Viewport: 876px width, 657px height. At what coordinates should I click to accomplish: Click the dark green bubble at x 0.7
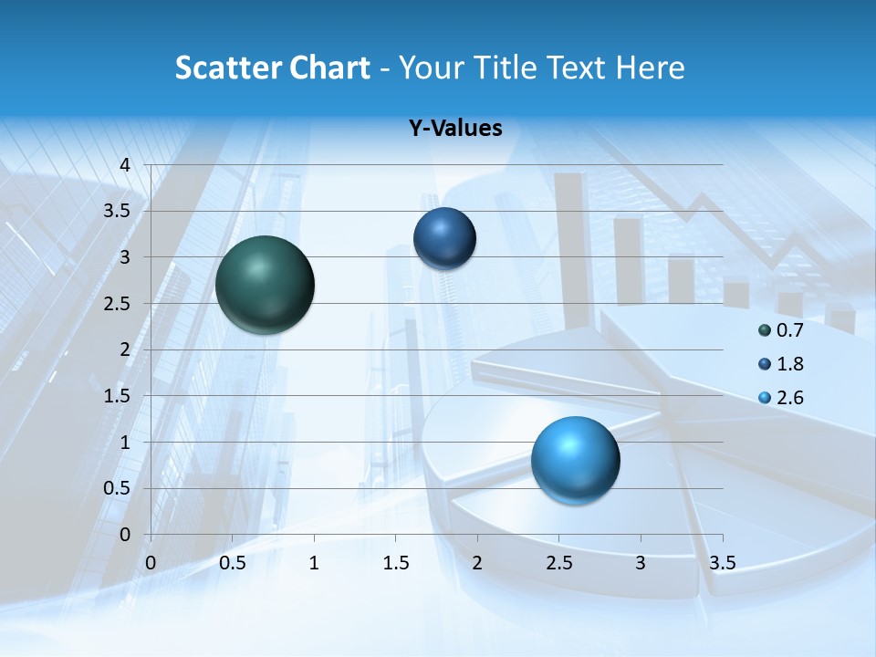tap(266, 285)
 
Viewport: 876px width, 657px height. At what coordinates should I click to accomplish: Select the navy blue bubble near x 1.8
tap(444, 238)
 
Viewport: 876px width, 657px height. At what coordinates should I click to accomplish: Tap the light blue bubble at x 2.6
tap(575, 460)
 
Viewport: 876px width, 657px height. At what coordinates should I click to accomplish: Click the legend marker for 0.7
tap(765, 330)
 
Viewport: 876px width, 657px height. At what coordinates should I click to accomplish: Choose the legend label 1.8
tap(789, 364)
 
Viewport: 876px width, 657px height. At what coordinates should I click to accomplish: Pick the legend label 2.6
tap(789, 398)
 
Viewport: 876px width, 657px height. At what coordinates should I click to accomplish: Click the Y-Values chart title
tap(455, 129)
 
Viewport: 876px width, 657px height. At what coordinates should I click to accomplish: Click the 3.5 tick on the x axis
tap(722, 562)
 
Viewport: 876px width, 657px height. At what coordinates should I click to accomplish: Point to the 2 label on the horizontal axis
tap(477, 562)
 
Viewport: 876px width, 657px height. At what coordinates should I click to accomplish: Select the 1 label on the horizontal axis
tap(314, 562)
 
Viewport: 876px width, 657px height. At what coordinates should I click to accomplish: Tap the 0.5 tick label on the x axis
tap(233, 562)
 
